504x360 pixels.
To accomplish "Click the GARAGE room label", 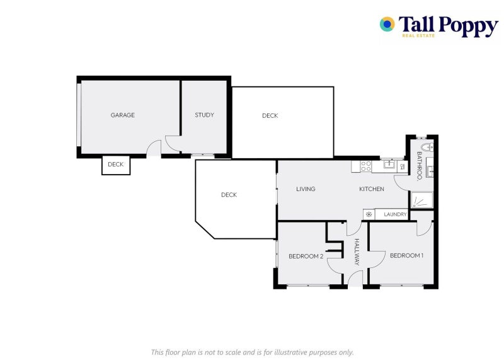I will [123, 115].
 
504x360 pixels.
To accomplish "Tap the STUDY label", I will [204, 115].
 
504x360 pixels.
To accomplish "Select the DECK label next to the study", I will [270, 115].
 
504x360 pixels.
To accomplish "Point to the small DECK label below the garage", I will [116, 165].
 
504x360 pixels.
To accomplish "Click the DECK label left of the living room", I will [229, 195].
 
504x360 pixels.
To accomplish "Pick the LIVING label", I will [306, 189].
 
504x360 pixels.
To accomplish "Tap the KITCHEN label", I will [372, 189].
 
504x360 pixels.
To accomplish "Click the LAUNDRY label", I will [395, 214].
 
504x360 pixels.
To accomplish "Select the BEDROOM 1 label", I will [406, 255].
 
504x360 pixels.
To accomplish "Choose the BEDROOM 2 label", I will [306, 256].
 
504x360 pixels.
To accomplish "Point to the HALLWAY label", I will [357, 252].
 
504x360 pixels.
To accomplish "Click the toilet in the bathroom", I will [425, 148].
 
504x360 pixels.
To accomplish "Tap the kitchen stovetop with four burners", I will [365, 166].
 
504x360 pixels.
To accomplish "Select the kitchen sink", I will [389, 165].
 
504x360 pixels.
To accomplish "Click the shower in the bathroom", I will [421, 200].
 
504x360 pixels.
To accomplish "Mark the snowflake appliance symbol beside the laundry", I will [369, 214].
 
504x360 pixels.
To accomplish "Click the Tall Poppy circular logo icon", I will [387, 25].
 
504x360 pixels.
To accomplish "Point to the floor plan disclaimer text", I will [252, 352].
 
